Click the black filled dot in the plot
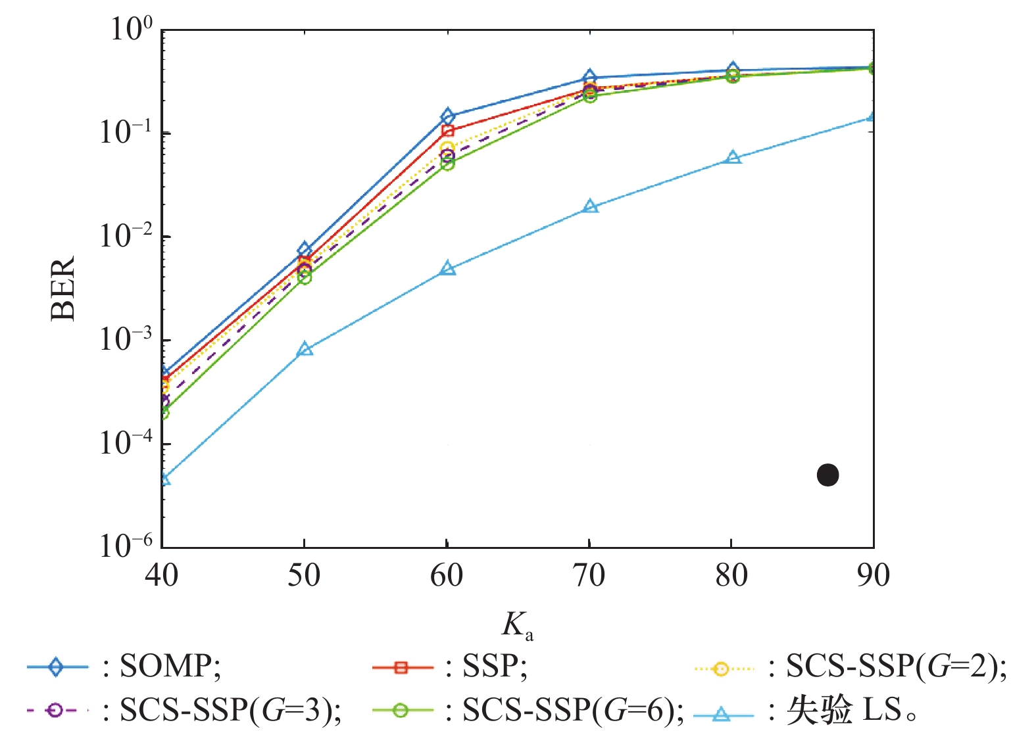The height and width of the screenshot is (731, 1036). pos(827,475)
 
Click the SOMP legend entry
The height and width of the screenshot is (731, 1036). pos(125,667)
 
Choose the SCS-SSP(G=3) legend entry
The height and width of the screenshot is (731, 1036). pos(184,710)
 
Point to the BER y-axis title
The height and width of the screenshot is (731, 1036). pos(64,289)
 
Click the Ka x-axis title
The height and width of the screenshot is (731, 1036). pos(517,625)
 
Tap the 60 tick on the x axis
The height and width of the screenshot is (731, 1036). pos(447,576)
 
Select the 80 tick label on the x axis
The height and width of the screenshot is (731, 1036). pos(731,576)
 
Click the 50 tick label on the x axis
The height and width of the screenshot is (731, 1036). pos(304,576)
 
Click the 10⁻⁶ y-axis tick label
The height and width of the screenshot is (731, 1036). pos(126,545)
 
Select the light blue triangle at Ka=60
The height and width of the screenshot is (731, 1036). pos(447,268)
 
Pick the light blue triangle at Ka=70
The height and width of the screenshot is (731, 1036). pos(590,207)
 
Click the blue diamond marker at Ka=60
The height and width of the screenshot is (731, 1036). pos(447,117)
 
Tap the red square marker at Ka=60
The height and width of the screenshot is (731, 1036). pos(447,131)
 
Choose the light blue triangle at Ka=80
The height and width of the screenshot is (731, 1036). pos(732,158)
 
